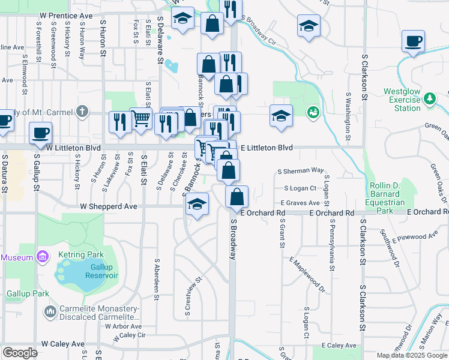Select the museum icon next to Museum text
click(42, 257)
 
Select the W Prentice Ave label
click(66, 14)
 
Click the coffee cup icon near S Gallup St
click(40, 132)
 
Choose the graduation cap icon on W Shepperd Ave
click(197, 204)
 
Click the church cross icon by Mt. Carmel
click(83, 112)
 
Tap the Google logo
click(20, 353)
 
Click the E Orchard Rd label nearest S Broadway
click(262, 213)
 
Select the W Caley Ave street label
click(63, 344)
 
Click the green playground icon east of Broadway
click(312, 112)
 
